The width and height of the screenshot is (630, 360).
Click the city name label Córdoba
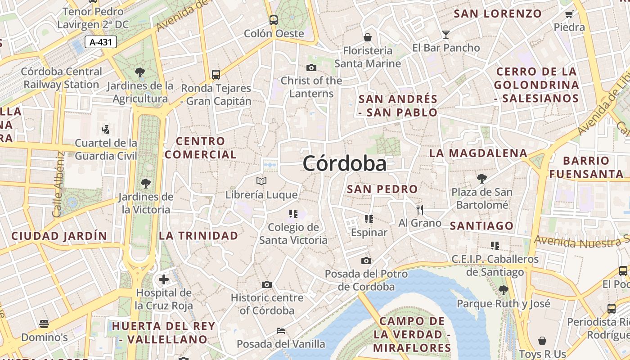coord(344,163)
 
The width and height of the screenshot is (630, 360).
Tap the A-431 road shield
coord(101,42)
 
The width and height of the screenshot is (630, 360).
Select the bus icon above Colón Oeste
coord(273,20)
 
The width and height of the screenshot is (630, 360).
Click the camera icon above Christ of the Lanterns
coord(311,68)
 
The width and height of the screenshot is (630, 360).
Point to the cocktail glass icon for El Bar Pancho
coord(445,34)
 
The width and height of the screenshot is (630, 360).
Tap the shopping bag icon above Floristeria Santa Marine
coord(368,37)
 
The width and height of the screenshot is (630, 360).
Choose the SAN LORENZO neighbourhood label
coord(497,13)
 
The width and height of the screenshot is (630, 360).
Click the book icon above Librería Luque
coord(261,181)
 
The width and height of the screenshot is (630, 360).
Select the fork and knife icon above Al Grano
coord(420,209)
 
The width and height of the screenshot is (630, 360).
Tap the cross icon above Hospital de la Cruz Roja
coord(164,279)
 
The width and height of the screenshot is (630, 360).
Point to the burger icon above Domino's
coord(44,324)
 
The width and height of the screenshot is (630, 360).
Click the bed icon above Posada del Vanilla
coord(281,331)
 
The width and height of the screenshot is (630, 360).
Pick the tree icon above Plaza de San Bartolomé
coord(482,179)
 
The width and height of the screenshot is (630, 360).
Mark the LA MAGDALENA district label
coord(478,153)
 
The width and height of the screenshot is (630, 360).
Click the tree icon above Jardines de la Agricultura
coord(140,72)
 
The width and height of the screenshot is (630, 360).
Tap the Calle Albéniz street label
coord(59,185)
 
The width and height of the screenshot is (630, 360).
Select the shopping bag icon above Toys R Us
coord(542,341)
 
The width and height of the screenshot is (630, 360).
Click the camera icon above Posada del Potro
coord(366,261)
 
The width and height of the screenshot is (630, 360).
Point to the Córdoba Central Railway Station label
coord(62,78)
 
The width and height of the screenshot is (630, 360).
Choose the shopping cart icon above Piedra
coord(569,14)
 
